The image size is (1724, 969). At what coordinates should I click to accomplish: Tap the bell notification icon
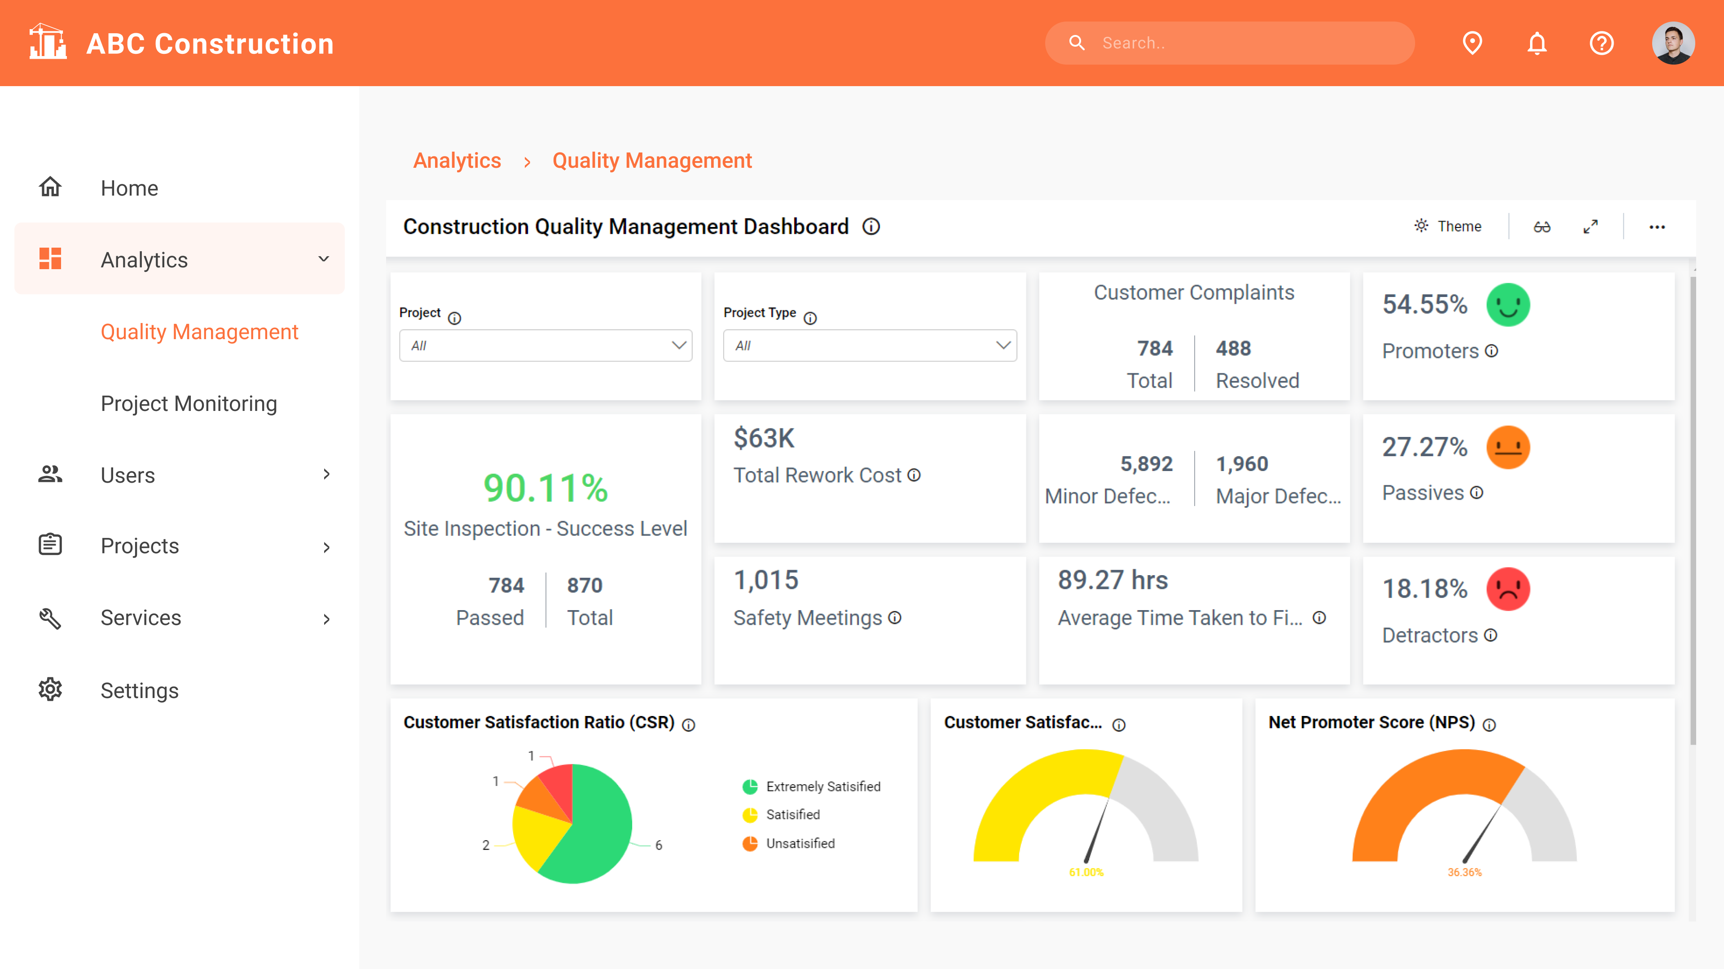pyautogui.click(x=1537, y=44)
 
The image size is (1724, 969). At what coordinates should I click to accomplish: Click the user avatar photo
pyautogui.click(x=1672, y=44)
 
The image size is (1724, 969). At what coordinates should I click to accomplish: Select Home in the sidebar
pyautogui.click(x=129, y=188)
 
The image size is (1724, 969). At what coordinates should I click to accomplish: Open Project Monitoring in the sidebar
pyautogui.click(x=189, y=403)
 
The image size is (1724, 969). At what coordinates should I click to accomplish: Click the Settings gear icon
pyautogui.click(x=50, y=690)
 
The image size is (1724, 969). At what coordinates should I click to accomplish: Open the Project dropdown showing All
pyautogui.click(x=545, y=345)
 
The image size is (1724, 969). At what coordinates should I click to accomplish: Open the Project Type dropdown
pyautogui.click(x=869, y=345)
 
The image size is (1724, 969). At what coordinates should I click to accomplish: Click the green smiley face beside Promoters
pyautogui.click(x=1508, y=305)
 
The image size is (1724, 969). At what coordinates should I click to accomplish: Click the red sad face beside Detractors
pyautogui.click(x=1508, y=589)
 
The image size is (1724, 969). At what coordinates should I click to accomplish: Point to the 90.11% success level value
pyautogui.click(x=545, y=488)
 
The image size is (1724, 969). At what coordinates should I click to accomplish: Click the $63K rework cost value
pyautogui.click(x=764, y=438)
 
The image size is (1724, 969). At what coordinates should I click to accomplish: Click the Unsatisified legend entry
pyautogui.click(x=800, y=843)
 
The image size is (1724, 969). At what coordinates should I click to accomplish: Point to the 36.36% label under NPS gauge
pyautogui.click(x=1465, y=872)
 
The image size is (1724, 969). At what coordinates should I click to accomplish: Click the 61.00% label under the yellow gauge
pyautogui.click(x=1086, y=872)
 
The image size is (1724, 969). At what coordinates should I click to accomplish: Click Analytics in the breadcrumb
pyautogui.click(x=457, y=161)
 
